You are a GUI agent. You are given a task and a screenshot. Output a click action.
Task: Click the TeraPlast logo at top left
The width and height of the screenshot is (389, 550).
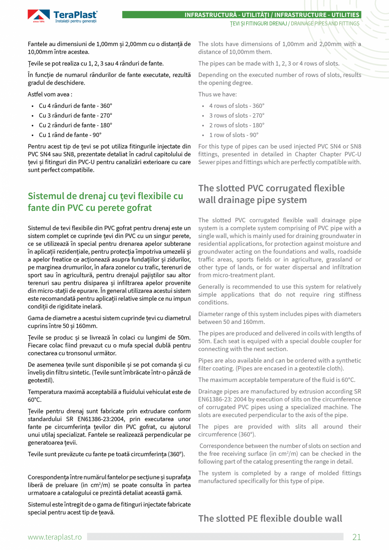pyautogui.click(x=63, y=16)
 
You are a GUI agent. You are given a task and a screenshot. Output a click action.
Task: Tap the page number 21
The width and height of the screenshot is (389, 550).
pyautogui.click(x=356, y=537)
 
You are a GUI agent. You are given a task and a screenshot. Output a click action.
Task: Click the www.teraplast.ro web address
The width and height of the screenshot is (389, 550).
pyautogui.click(x=55, y=537)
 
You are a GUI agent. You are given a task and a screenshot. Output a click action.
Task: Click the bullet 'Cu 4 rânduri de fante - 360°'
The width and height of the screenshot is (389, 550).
pyautogui.click(x=75, y=106)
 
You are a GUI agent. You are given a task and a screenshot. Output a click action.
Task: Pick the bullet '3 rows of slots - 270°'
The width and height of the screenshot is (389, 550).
pyautogui.click(x=236, y=115)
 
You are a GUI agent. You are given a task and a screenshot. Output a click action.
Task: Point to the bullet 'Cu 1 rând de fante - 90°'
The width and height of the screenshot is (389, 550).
pyautogui.click(x=70, y=135)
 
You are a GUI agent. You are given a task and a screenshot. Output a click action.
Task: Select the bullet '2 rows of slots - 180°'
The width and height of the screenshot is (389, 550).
pyautogui.click(x=236, y=125)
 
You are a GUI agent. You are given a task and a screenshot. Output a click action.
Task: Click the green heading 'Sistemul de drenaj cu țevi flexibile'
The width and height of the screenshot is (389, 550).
pyautogui.click(x=105, y=196)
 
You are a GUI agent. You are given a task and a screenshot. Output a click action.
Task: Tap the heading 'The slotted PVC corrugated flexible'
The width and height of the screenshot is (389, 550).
pyautogui.click(x=271, y=188)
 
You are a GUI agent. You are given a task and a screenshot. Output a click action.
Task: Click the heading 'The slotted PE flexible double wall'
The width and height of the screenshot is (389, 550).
pyautogui.click(x=270, y=518)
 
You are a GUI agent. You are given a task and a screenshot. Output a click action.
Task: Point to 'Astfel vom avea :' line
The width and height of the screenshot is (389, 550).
pyautogui.click(x=50, y=94)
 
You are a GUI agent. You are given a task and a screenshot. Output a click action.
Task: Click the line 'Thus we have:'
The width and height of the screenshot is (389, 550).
pyautogui.click(x=217, y=94)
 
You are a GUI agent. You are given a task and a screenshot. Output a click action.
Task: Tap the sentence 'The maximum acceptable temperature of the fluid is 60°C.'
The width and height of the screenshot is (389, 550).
pyautogui.click(x=277, y=380)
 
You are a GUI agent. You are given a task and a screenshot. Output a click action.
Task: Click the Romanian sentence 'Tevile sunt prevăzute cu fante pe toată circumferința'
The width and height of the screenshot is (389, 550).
pyautogui.click(x=106, y=454)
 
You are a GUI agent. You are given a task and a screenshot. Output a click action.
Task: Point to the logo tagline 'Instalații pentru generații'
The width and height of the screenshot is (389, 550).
pyautogui.click(x=76, y=21)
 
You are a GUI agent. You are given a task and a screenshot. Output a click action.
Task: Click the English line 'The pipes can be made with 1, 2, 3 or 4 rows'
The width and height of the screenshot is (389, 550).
pyautogui.click(x=268, y=63)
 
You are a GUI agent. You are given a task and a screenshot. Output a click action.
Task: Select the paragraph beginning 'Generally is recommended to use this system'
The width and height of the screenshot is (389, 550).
pyautogui.click(x=279, y=294)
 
